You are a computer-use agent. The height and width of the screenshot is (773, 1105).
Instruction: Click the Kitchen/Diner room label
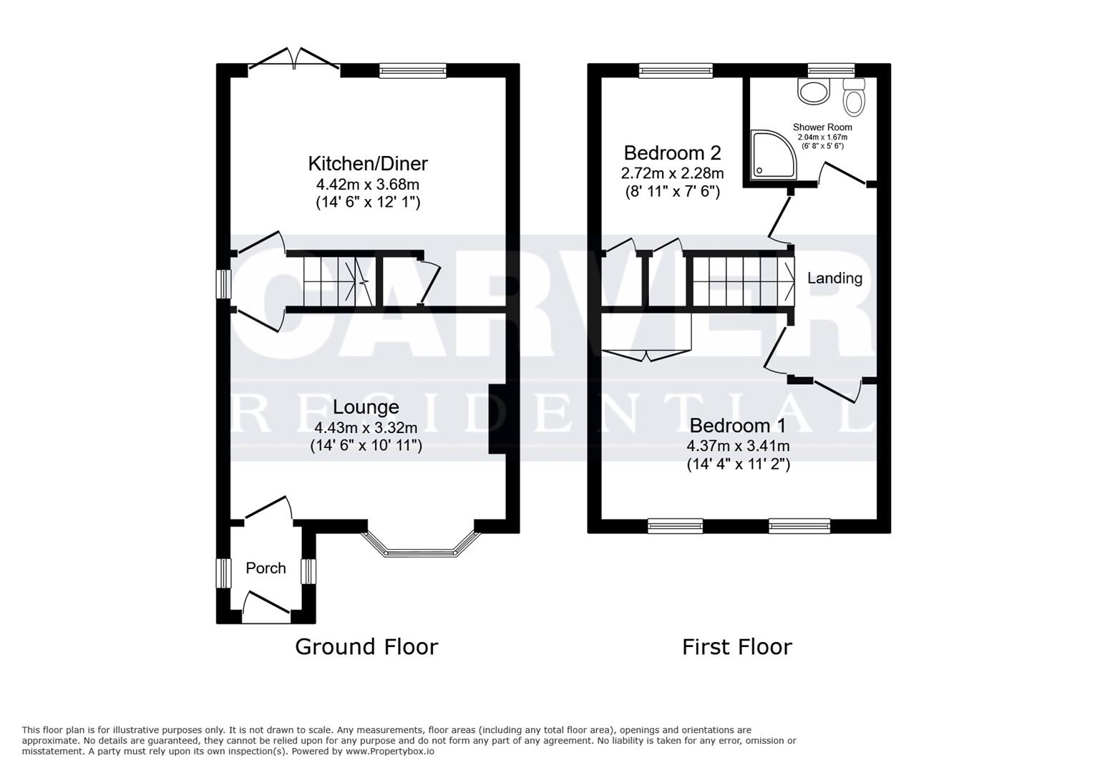pyautogui.click(x=368, y=163)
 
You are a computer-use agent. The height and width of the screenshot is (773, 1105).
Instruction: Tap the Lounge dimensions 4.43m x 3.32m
pyautogui.click(x=366, y=428)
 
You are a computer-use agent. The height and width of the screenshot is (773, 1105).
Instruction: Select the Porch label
pyautogui.click(x=266, y=568)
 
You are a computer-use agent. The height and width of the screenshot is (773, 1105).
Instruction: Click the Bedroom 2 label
pyautogui.click(x=672, y=152)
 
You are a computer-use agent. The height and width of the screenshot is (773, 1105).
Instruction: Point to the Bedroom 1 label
pyautogui.click(x=737, y=425)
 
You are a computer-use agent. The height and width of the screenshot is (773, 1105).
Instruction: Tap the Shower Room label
pyautogui.click(x=822, y=127)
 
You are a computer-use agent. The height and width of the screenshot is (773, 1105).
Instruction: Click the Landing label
pyautogui.click(x=834, y=278)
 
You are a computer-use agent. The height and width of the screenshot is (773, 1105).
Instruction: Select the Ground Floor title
pyautogui.click(x=366, y=646)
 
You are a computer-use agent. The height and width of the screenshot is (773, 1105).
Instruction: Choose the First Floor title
pyautogui.click(x=736, y=646)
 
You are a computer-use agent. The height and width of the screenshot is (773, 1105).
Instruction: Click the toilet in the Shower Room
pyautogui.click(x=853, y=98)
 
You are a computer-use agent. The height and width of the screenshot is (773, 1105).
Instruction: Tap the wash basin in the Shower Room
pyautogui.click(x=813, y=91)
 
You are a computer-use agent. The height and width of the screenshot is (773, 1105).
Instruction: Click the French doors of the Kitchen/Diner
pyautogui.click(x=294, y=61)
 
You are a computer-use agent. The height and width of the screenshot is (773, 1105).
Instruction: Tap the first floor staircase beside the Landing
pyautogui.click(x=741, y=280)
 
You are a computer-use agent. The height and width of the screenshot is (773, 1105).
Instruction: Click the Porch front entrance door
pyautogui.click(x=266, y=606)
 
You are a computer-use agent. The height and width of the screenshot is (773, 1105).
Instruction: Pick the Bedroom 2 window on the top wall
pyautogui.click(x=676, y=70)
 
